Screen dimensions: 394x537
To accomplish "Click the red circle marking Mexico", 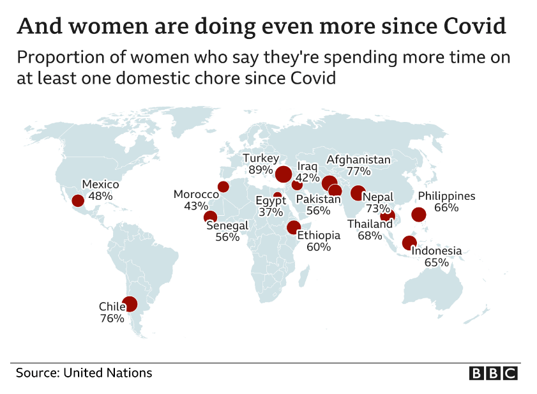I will (78, 201).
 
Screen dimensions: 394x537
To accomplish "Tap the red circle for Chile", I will (130, 304).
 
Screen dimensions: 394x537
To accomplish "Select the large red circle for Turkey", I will (284, 173).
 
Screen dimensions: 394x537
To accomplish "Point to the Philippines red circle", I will (419, 215).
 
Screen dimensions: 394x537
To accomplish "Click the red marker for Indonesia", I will (409, 243).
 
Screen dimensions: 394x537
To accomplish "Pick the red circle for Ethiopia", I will (293, 227).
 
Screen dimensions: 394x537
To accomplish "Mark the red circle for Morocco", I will (223, 186).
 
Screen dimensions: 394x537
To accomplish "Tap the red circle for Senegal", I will (210, 217).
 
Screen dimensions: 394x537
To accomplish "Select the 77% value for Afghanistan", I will (359, 171).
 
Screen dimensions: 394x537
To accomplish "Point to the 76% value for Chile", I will (112, 318).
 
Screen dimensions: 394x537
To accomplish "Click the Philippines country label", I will (446, 196).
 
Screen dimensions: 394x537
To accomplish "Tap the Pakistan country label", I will (318, 199).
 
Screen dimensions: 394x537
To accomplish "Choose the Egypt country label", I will (271, 201).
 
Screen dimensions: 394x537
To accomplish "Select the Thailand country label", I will (370, 224).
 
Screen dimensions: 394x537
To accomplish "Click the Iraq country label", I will (307, 167).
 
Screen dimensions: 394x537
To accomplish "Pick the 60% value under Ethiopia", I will (319, 246).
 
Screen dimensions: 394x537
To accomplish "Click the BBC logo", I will (493, 373).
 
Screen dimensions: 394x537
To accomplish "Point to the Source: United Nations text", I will (84, 372).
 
